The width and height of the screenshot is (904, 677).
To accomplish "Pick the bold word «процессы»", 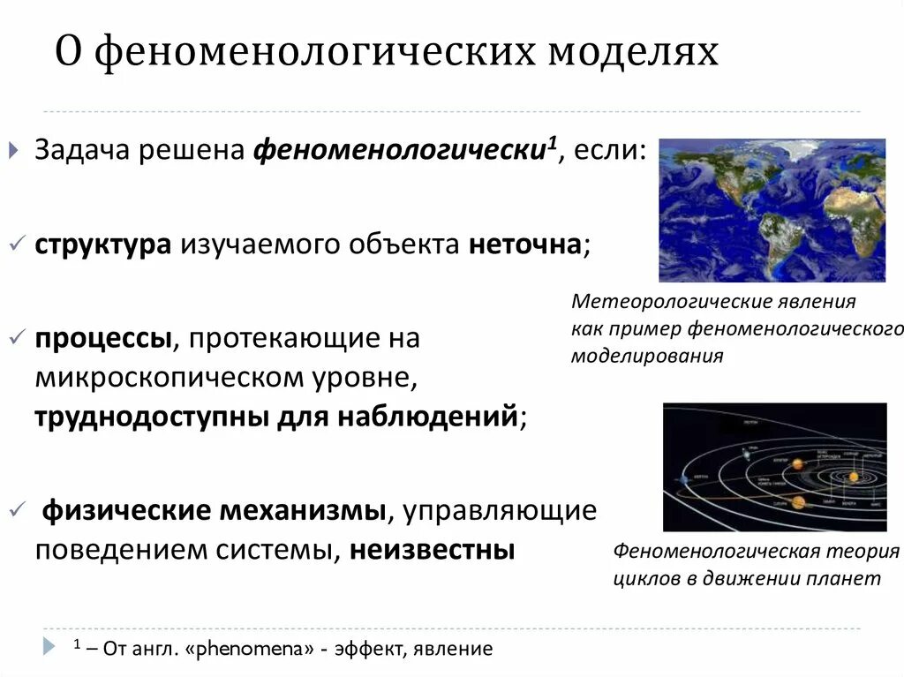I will pyautogui.click(x=102, y=338).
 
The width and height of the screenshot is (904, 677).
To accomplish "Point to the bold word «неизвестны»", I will pyautogui.click(x=432, y=549).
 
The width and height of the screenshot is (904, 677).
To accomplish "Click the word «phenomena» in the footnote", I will pyautogui.click(x=262, y=649).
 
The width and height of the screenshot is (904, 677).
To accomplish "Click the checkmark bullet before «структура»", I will pyautogui.click(x=18, y=243).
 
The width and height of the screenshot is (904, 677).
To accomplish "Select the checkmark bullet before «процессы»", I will pyautogui.click(x=18, y=337).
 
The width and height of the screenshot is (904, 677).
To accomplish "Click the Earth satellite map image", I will pyautogui.click(x=772, y=209).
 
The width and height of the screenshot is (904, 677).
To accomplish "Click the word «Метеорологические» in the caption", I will pyautogui.click(x=658, y=302).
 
